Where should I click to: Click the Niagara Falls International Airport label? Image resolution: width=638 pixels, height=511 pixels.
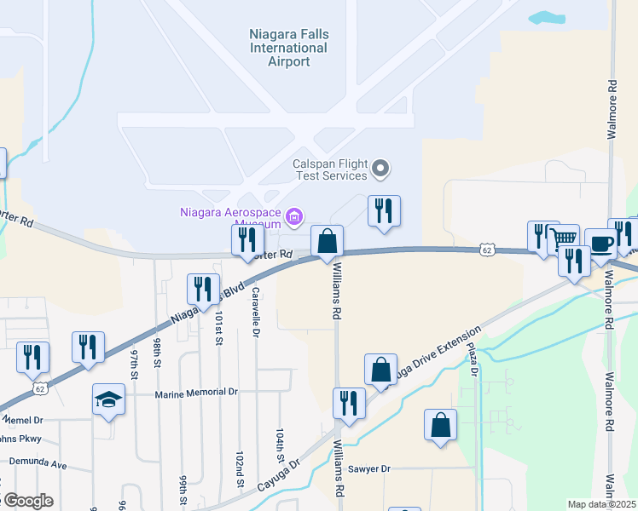(288, 48)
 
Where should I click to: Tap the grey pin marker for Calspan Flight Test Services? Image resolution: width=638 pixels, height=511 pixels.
(381, 169)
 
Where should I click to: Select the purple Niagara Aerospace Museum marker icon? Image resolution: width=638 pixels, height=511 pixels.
(294, 217)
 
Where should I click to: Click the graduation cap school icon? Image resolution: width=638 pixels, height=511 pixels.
(109, 399)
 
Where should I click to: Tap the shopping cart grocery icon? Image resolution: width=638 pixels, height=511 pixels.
(562, 238)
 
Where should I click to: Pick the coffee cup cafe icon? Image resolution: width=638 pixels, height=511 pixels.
(600, 244)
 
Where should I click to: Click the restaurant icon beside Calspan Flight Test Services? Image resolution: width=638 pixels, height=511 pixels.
(384, 210)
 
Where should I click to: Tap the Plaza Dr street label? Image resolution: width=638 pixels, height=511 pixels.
(475, 358)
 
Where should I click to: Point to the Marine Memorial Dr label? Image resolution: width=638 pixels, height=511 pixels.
(195, 394)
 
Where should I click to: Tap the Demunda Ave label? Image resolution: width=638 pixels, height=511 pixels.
(38, 464)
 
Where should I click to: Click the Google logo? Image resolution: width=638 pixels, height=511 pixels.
(28, 501)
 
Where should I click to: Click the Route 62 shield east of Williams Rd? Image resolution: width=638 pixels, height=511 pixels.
(486, 250)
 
